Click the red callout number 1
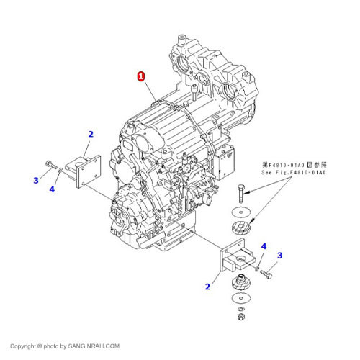coord(141,76)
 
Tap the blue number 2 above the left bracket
coord(91,134)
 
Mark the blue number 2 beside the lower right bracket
coord(207,287)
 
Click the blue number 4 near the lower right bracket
coord(264,246)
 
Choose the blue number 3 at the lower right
coord(280,255)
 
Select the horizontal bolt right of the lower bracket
coord(267,274)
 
